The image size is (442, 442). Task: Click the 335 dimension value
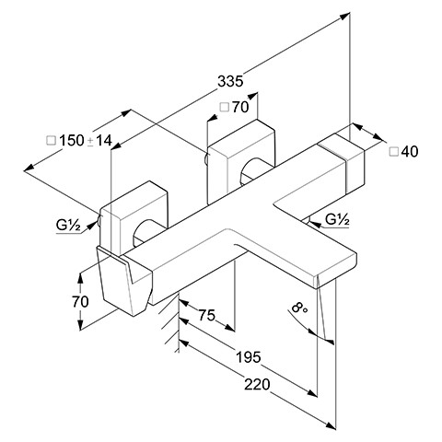coord(230,82)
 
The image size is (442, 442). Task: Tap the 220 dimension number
coord(257,384)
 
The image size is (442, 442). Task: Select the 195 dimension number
coord(249,357)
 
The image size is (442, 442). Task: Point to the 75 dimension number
coord(207,315)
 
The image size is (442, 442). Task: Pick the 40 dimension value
coord(410,152)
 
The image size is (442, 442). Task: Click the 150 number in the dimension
coord(72,141)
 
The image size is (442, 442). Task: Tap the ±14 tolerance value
coord(100,141)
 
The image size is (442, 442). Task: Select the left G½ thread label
coord(68,227)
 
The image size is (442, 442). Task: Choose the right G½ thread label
coord(337,220)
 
